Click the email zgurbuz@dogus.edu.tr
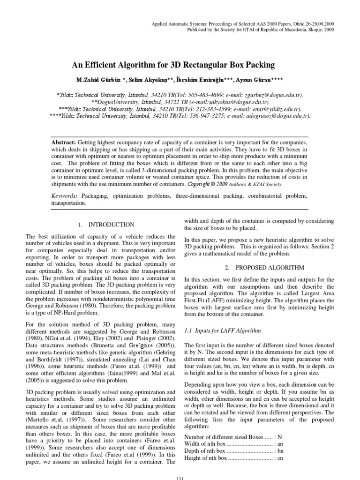click(x=270, y=94)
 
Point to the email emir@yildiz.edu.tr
click(x=275, y=108)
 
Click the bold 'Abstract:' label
click(x=64, y=142)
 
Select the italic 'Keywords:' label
click(x=65, y=195)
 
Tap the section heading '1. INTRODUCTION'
click(x=106, y=225)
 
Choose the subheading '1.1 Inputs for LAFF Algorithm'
click(x=222, y=330)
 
